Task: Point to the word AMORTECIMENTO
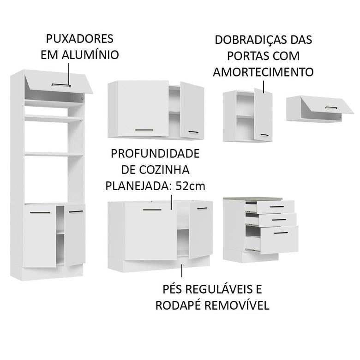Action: pyautogui.click(x=263, y=72)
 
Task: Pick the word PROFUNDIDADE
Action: pyautogui.click(x=152, y=153)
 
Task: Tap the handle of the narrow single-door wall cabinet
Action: pyautogui.click(x=264, y=135)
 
